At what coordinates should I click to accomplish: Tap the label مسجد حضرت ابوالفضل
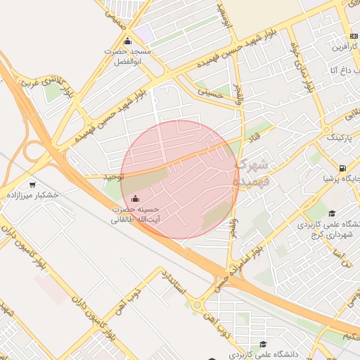pyautogui.click(x=128, y=56)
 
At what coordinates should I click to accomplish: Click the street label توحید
pyautogui.click(x=112, y=176)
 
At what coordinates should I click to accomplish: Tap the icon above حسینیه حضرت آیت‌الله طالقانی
pyautogui.click(x=135, y=199)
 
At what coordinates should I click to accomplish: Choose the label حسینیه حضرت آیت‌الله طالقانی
pyautogui.click(x=135, y=214)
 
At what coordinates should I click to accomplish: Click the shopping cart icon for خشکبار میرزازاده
pyautogui.click(x=32, y=185)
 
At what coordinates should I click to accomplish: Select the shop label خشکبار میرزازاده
pyautogui.click(x=32, y=194)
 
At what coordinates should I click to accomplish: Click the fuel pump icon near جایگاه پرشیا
pyautogui.click(x=342, y=168)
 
